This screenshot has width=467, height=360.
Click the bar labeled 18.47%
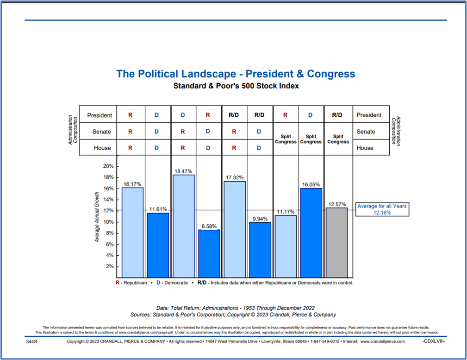coord(184,226)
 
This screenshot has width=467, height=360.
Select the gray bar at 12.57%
coord(337,243)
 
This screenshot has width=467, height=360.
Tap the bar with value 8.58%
coord(209,253)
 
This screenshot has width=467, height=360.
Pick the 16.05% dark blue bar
coord(311,233)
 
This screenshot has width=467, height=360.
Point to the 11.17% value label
coord(286,212)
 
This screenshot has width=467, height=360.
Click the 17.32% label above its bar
coord(235,177)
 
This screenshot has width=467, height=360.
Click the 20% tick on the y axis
coord(108,166)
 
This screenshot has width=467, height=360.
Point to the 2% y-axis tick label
coord(110,266)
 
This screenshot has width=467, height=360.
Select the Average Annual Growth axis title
coord(97,217)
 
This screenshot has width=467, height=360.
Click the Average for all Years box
coord(382,209)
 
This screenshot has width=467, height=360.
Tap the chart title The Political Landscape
coord(236,74)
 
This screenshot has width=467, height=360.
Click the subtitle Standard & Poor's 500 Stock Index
coord(236,86)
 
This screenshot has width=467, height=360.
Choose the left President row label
coord(100,115)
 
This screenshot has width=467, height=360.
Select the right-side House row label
coord(365,148)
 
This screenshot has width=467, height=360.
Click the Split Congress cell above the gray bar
coord(338,139)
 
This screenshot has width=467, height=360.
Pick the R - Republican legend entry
coord(131,283)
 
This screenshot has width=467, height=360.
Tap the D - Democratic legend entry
coord(173,283)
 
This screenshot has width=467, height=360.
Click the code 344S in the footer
coord(31,341)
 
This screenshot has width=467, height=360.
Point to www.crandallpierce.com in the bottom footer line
coord(382,341)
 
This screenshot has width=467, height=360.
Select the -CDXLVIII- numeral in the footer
coord(434,341)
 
